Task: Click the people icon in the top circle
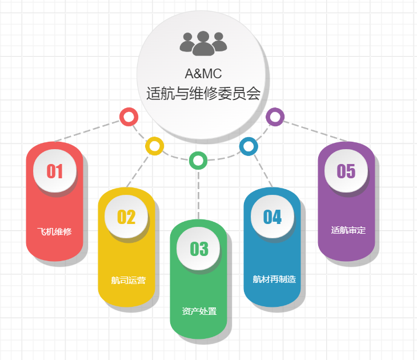203,43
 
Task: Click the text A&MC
203,73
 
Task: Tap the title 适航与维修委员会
203,93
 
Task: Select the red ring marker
129,117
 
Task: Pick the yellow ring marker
154,145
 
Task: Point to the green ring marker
198,161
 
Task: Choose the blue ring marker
248,146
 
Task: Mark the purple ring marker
275,117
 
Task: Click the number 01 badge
55,171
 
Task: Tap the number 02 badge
127,217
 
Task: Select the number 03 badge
199,249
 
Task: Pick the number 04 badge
272,217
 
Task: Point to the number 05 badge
346,171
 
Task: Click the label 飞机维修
54,231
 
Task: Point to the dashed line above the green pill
198,194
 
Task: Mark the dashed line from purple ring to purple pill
314,130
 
